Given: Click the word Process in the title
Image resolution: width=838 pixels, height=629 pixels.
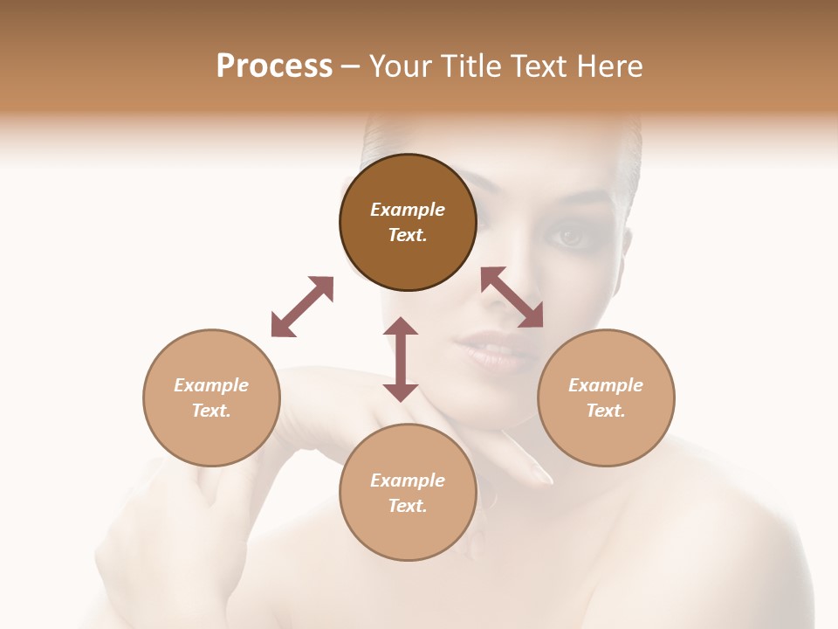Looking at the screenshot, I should coord(274,66).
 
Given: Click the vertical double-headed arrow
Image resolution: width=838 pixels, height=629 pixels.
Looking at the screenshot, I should coord(401,359).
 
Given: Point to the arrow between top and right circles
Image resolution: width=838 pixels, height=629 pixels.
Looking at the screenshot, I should coord(512,297).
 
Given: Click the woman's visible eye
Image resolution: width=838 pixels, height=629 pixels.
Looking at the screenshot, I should coord(569,236).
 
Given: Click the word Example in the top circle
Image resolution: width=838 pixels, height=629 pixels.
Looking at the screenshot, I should coord(408,210).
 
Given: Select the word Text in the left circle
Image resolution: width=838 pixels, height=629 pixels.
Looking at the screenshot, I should coord(210,411).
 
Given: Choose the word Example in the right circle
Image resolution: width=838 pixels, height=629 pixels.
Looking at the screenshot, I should coord(606,385).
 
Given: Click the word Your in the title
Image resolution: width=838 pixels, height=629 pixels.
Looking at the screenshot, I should coord(399,66).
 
